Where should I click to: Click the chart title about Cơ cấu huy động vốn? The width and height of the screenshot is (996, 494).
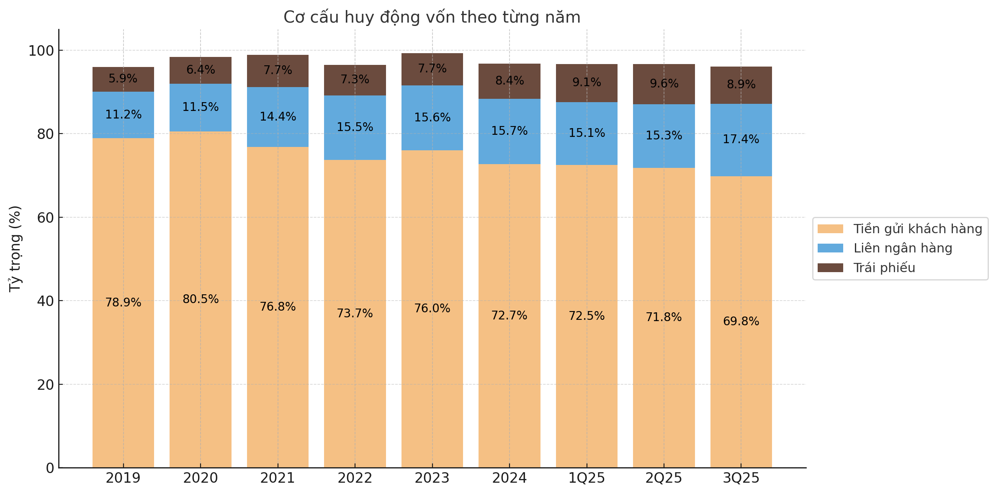click(x=432, y=18)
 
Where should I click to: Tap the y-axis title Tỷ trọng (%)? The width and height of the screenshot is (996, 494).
click(x=15, y=249)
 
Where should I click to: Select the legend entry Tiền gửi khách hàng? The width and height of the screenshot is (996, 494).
click(x=917, y=229)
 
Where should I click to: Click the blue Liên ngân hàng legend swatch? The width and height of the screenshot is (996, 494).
click(x=830, y=248)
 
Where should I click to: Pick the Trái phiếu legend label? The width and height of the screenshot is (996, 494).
click(x=884, y=268)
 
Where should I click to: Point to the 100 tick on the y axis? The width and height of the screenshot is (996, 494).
click(x=41, y=51)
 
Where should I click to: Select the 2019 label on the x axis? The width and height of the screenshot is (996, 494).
click(x=123, y=478)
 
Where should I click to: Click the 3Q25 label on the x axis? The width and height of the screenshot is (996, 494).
click(x=741, y=478)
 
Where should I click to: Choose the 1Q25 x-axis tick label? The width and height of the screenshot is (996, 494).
click(x=587, y=478)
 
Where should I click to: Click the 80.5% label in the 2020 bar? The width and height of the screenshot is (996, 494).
click(x=201, y=299)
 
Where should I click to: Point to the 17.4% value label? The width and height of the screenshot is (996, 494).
click(x=741, y=139)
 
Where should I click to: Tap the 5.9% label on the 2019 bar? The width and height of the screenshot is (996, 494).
click(x=123, y=79)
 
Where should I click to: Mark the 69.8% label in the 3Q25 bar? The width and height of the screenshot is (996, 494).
click(x=741, y=322)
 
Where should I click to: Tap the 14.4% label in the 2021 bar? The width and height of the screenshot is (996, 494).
click(x=278, y=117)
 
